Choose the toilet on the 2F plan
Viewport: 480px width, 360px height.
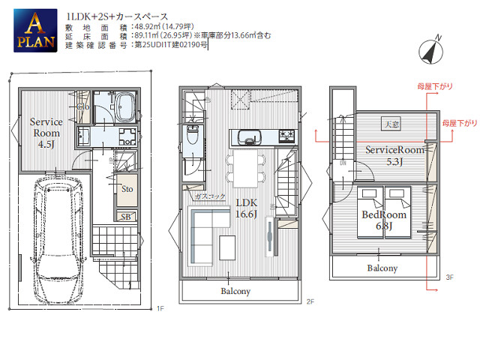192,139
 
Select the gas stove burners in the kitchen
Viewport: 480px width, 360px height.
288,136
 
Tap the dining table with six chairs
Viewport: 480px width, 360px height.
245,165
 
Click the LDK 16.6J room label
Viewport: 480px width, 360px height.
248,208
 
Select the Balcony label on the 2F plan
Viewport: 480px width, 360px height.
235,291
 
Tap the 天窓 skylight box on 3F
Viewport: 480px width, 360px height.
390,124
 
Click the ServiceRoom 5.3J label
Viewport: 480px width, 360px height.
394,155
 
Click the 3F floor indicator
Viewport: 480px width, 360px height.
449,277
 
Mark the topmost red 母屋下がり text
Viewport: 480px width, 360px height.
436,87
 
